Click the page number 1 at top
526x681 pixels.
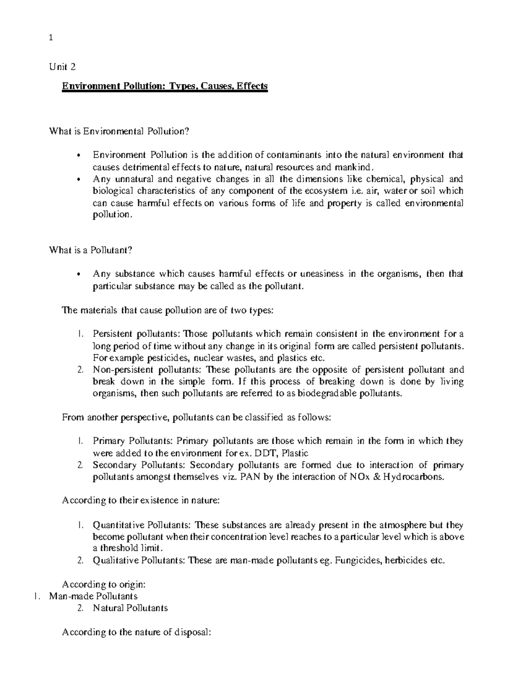click(51, 38)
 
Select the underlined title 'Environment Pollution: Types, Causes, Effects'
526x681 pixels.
click(164, 86)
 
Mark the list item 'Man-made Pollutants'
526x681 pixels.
click(93, 596)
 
